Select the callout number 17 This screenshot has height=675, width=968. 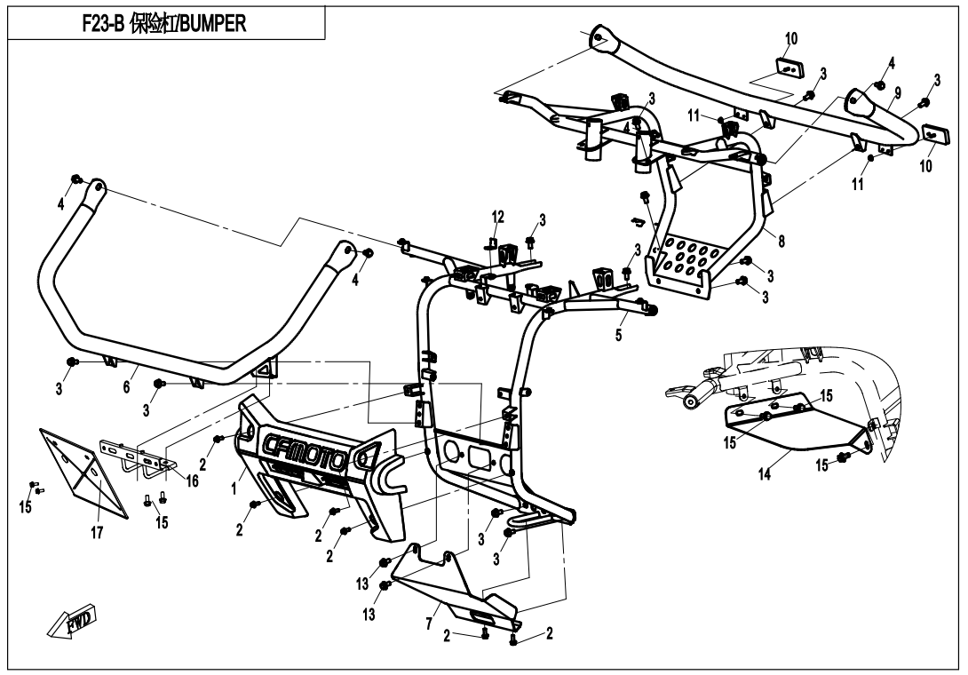97,534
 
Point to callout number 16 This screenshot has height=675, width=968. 192,480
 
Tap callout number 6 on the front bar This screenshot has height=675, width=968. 127,387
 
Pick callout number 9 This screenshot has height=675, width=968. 898,92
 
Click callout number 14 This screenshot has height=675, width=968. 765,474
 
